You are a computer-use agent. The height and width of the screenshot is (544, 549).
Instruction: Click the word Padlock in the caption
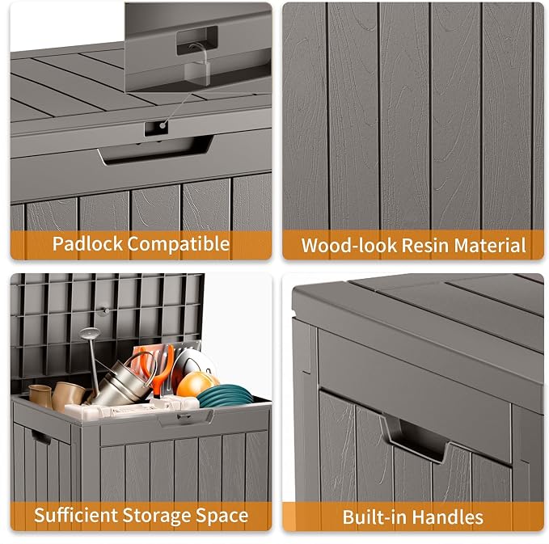click(x=87, y=243)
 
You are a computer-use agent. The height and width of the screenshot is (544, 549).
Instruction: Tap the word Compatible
click(x=178, y=245)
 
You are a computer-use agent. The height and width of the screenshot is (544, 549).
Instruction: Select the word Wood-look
click(x=348, y=245)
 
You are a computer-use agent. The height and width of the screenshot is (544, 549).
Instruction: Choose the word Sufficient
click(x=76, y=516)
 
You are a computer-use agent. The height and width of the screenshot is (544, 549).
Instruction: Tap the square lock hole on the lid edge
click(x=156, y=129)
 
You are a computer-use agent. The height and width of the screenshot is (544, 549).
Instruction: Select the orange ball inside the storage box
click(x=194, y=384)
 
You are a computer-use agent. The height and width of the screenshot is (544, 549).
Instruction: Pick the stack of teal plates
click(x=225, y=395)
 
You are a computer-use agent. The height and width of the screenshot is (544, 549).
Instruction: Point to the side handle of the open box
click(x=41, y=437)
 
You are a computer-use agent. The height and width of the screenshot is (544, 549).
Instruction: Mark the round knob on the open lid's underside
click(x=104, y=311)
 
